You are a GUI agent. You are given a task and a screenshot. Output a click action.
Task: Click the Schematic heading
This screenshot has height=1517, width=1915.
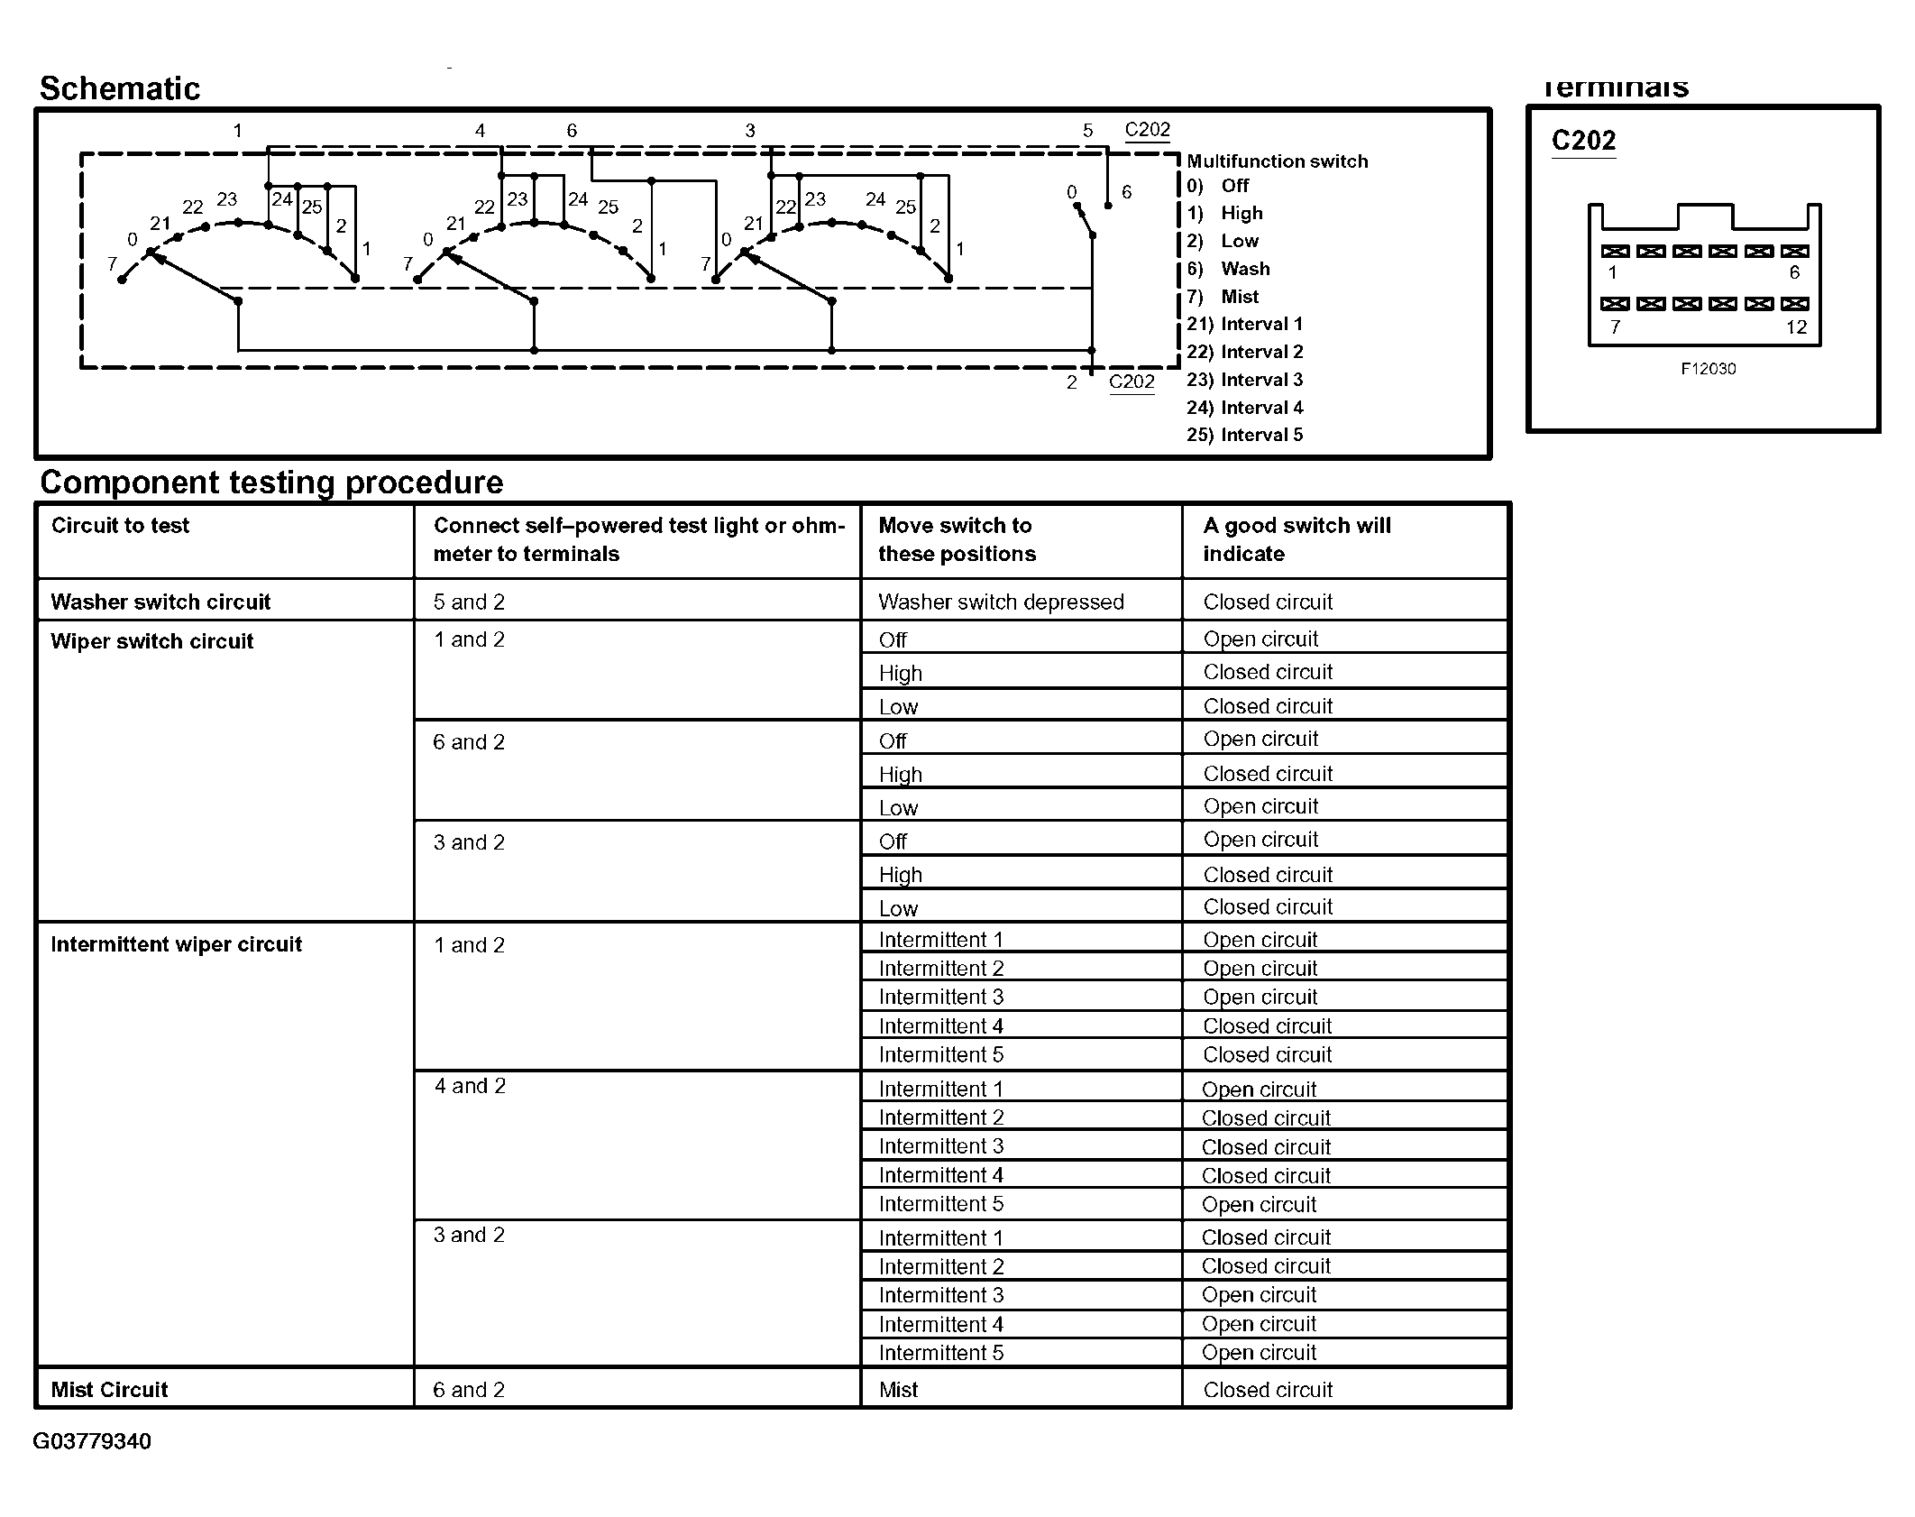(120, 88)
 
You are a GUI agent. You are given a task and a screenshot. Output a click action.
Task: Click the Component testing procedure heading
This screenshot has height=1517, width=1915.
(270, 483)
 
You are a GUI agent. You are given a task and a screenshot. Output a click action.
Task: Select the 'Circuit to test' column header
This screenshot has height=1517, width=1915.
(120, 526)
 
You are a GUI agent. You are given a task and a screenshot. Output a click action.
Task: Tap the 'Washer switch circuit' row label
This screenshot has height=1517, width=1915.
(160, 602)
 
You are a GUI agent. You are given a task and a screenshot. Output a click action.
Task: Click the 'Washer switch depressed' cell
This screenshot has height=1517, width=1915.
(1001, 602)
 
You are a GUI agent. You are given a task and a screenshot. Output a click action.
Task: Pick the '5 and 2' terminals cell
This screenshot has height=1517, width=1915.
(469, 602)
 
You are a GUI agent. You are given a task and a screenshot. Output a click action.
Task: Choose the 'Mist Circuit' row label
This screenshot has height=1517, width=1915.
(109, 1390)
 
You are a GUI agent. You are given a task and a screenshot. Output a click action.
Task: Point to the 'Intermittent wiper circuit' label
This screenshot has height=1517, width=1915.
(176, 944)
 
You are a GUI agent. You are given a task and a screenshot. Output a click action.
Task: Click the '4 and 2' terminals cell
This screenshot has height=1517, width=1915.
(470, 1086)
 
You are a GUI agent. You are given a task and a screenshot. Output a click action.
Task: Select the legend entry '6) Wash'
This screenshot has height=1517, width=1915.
(1228, 269)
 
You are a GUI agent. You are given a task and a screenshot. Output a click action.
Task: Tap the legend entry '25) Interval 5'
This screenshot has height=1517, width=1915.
(1244, 435)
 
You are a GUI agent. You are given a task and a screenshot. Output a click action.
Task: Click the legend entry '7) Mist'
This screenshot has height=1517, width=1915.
(1223, 297)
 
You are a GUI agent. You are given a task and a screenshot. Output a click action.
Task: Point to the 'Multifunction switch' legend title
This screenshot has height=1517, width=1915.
(1277, 161)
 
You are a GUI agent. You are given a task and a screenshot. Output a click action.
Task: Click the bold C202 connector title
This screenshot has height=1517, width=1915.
(1583, 141)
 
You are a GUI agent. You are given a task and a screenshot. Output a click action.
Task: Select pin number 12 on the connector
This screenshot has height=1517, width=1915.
(1796, 327)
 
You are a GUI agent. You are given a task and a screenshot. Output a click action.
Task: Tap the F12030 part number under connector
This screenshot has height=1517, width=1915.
(1708, 369)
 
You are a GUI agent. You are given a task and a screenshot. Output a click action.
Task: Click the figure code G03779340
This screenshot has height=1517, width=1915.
(92, 1441)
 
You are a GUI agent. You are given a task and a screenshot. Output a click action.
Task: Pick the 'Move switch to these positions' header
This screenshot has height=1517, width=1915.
(957, 539)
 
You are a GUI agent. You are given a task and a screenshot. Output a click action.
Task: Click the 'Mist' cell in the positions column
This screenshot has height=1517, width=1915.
(898, 1390)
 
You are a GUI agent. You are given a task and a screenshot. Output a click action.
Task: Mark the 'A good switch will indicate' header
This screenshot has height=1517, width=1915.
(1297, 539)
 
